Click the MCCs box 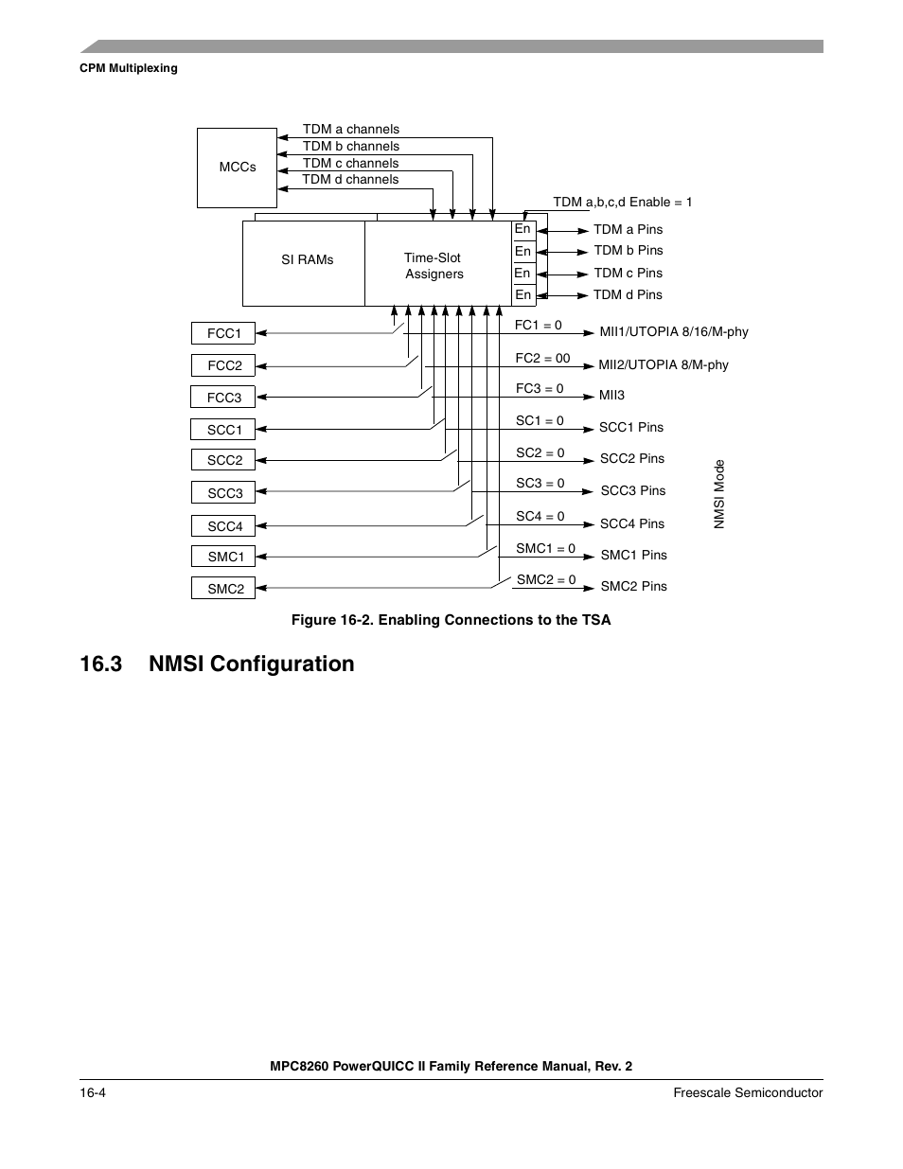[237, 168]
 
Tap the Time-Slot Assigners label [434, 266]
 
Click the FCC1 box [224, 333]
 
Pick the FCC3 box [224, 398]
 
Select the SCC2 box [224, 460]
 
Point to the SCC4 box [224, 526]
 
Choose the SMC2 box [224, 589]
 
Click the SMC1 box [224, 557]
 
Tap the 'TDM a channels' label [351, 130]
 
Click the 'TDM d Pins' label [628, 295]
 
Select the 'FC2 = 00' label [542, 359]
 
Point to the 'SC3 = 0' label [540, 484]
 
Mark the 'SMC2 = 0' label [546, 580]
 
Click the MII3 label [611, 396]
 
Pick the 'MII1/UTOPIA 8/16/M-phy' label [674, 332]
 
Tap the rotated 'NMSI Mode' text [719, 494]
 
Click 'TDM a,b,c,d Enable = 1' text [622, 203]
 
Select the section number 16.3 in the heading [101, 664]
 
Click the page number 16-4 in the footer [93, 1093]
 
